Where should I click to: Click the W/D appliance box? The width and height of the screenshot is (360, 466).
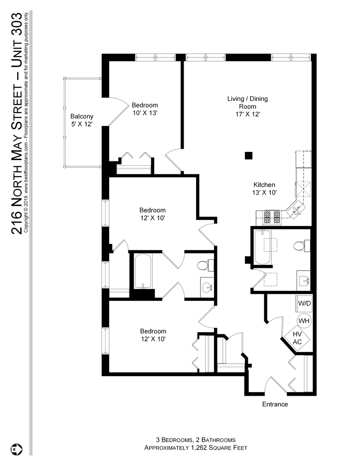[x=304, y=303]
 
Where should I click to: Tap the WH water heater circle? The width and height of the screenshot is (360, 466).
[x=304, y=321]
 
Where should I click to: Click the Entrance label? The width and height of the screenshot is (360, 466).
[x=275, y=404]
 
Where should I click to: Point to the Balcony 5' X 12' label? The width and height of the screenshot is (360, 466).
[x=82, y=120]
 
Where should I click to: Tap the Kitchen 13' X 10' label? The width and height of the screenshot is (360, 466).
[x=264, y=188]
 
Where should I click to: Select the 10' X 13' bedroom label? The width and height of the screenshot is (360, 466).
[x=145, y=109]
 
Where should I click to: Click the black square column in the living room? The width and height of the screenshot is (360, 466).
[x=248, y=155]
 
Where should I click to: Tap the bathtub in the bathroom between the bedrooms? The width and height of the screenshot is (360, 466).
[x=142, y=272]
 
